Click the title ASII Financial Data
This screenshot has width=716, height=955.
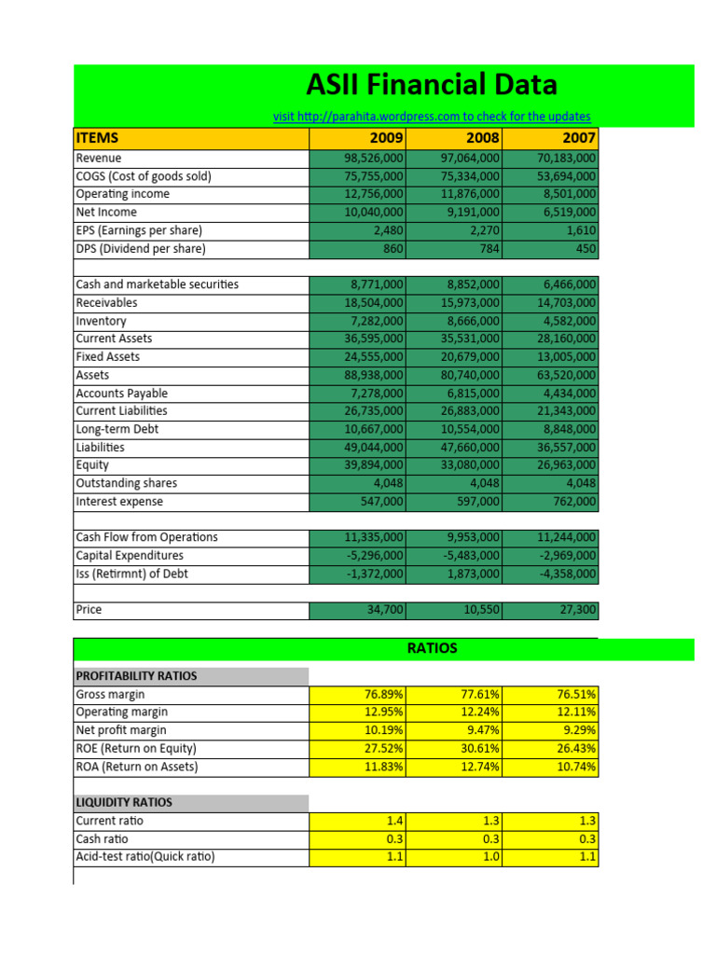pos(432,85)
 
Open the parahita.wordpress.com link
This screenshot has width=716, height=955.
pos(432,117)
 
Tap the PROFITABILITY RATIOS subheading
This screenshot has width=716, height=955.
pos(136,676)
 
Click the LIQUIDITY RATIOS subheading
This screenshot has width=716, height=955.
pos(123,803)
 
